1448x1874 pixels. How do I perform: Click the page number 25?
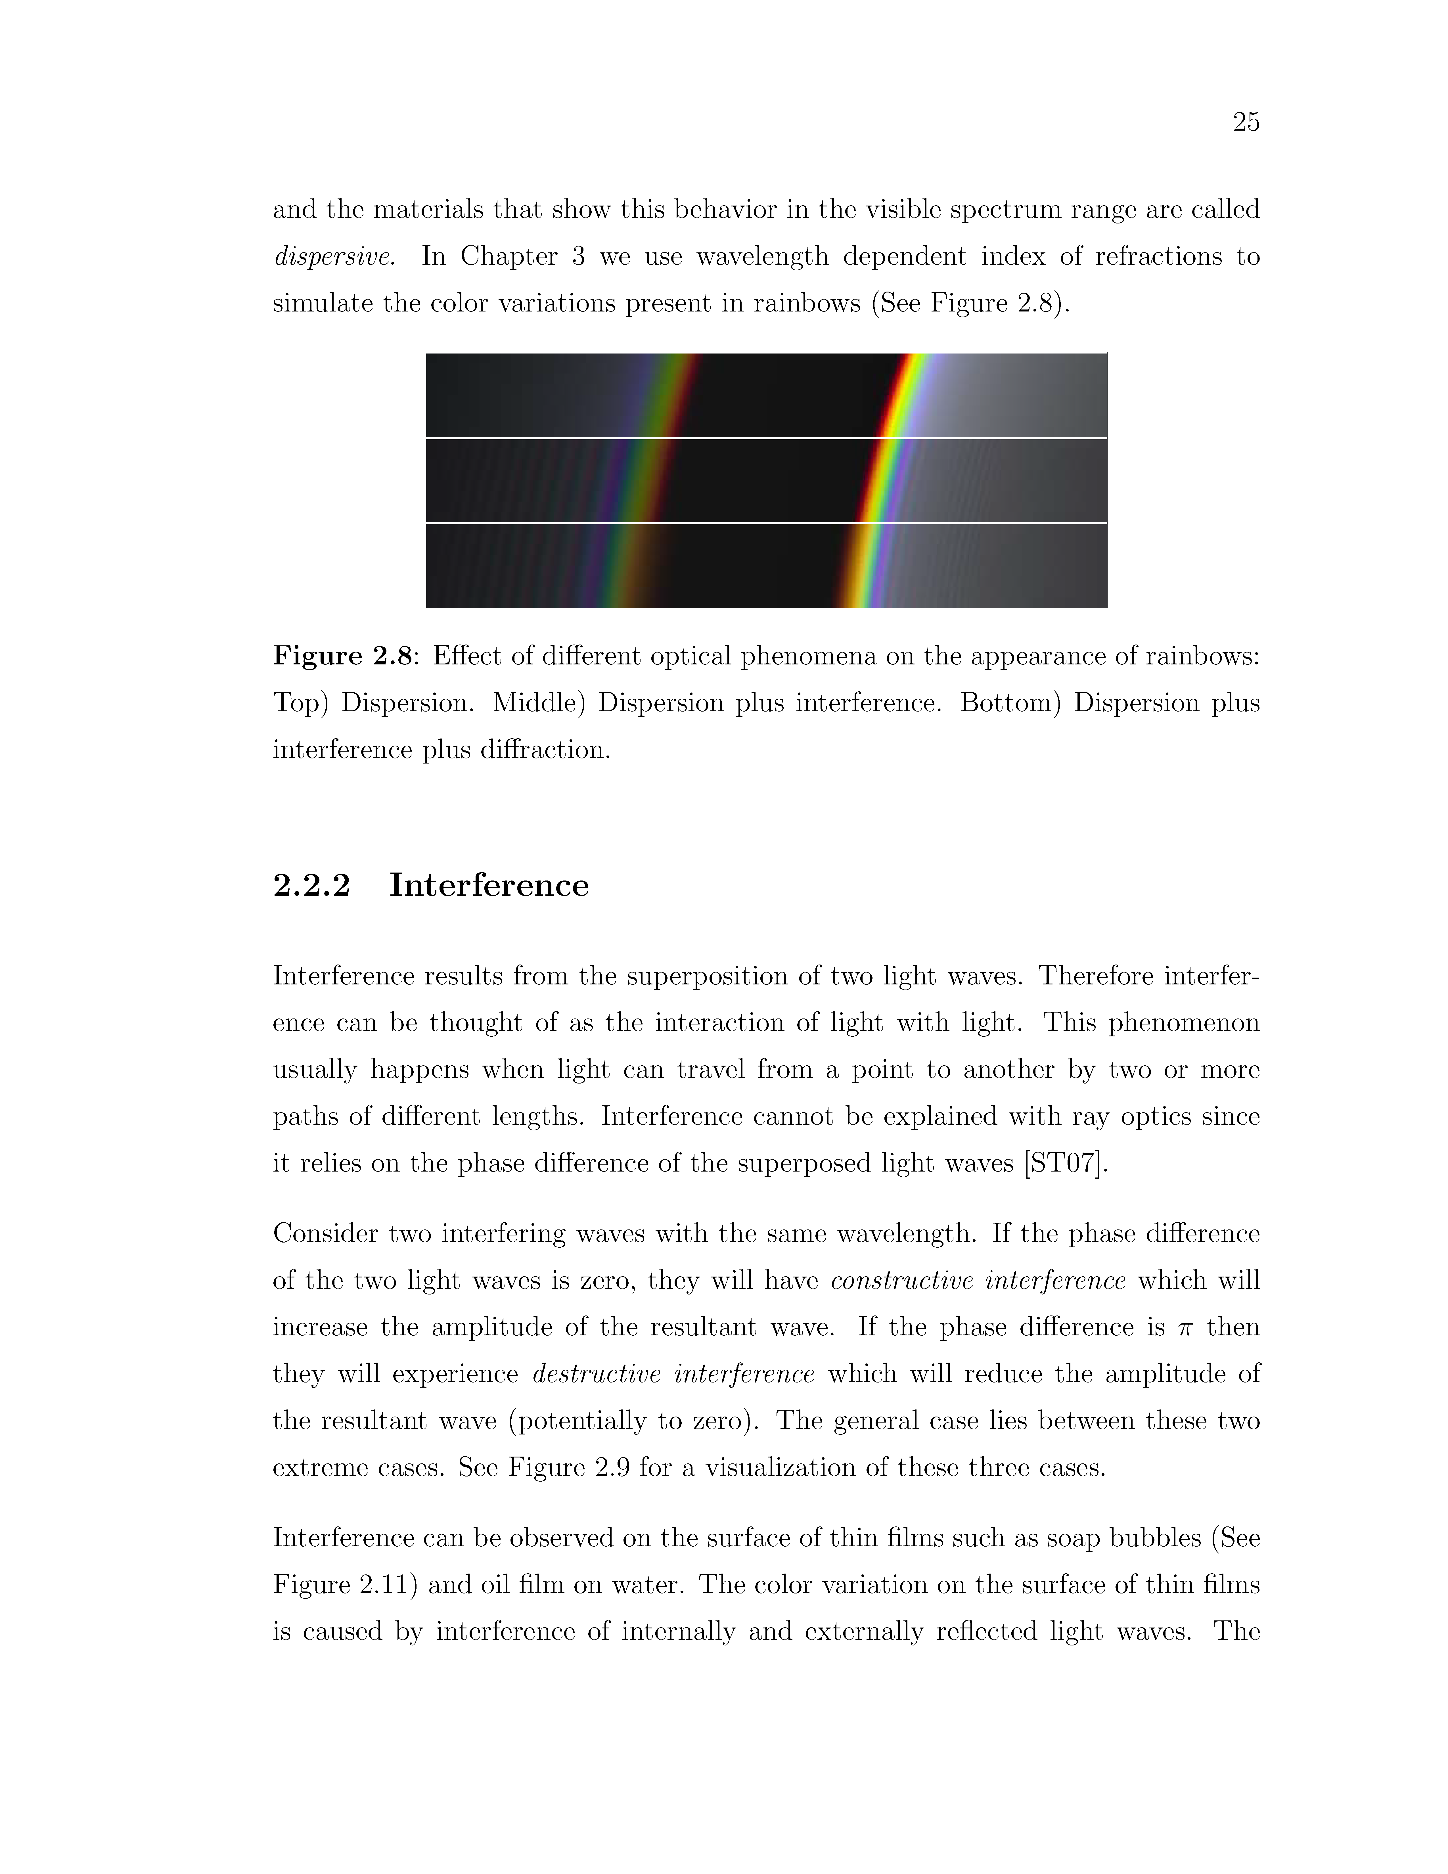pyautogui.click(x=1246, y=123)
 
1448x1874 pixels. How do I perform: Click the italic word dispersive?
pyautogui.click(x=333, y=257)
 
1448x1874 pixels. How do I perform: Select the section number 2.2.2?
pyautogui.click(x=311, y=886)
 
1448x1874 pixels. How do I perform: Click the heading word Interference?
pyautogui.click(x=489, y=886)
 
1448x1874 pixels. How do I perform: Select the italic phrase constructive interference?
pyautogui.click(x=978, y=1281)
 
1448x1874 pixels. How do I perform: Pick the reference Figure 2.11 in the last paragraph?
pyautogui.click(x=345, y=1585)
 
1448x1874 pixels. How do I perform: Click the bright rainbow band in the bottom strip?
pyautogui.click(x=862, y=566)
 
